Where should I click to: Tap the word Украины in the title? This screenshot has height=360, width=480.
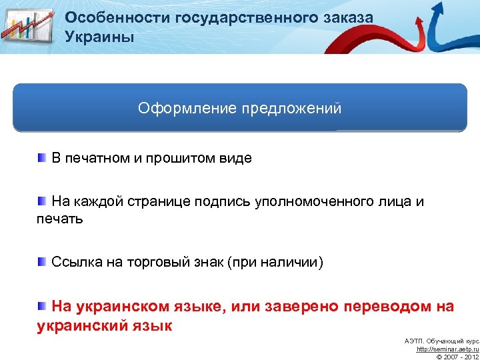pyautogui.click(x=99, y=37)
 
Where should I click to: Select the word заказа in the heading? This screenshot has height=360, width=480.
pyautogui.click(x=345, y=18)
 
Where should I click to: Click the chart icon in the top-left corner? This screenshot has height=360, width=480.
pyautogui.click(x=28, y=27)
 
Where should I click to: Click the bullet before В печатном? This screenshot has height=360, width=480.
pyautogui.click(x=42, y=157)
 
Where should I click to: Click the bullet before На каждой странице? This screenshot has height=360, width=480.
pyautogui.click(x=42, y=201)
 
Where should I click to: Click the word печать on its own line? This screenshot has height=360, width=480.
pyautogui.click(x=59, y=219)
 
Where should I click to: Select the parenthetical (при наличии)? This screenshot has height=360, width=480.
pyautogui.click(x=275, y=263)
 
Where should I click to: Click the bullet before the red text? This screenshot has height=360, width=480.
pyautogui.click(x=42, y=305)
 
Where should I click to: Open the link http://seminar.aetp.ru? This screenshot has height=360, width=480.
pyautogui.click(x=447, y=349)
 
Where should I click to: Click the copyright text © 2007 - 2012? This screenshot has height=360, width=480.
pyautogui.click(x=457, y=357)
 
